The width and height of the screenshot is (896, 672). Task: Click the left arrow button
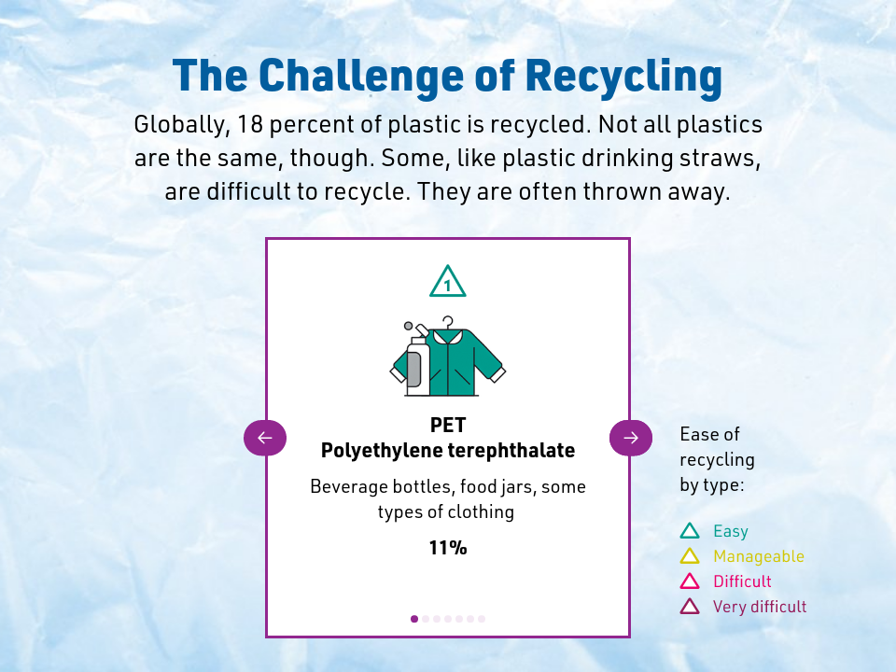click(265, 438)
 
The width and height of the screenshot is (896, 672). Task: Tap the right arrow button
click(631, 438)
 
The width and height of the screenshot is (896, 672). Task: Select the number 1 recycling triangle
click(447, 281)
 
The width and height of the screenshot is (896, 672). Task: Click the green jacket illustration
click(457, 362)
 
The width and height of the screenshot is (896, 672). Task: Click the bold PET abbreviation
click(448, 426)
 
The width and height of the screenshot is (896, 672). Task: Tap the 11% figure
click(448, 548)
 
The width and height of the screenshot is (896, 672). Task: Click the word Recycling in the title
click(624, 77)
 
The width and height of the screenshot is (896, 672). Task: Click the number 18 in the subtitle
click(250, 124)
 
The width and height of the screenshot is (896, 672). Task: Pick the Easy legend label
click(730, 531)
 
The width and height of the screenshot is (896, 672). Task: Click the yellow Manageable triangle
click(690, 555)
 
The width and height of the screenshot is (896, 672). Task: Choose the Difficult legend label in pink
click(742, 581)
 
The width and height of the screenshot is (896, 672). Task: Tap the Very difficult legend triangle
click(690, 606)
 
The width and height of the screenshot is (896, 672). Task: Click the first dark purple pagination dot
click(414, 619)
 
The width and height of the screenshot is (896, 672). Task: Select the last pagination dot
click(482, 619)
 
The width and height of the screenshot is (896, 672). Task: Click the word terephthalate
click(511, 451)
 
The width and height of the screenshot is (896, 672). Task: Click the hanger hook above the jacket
click(448, 322)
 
